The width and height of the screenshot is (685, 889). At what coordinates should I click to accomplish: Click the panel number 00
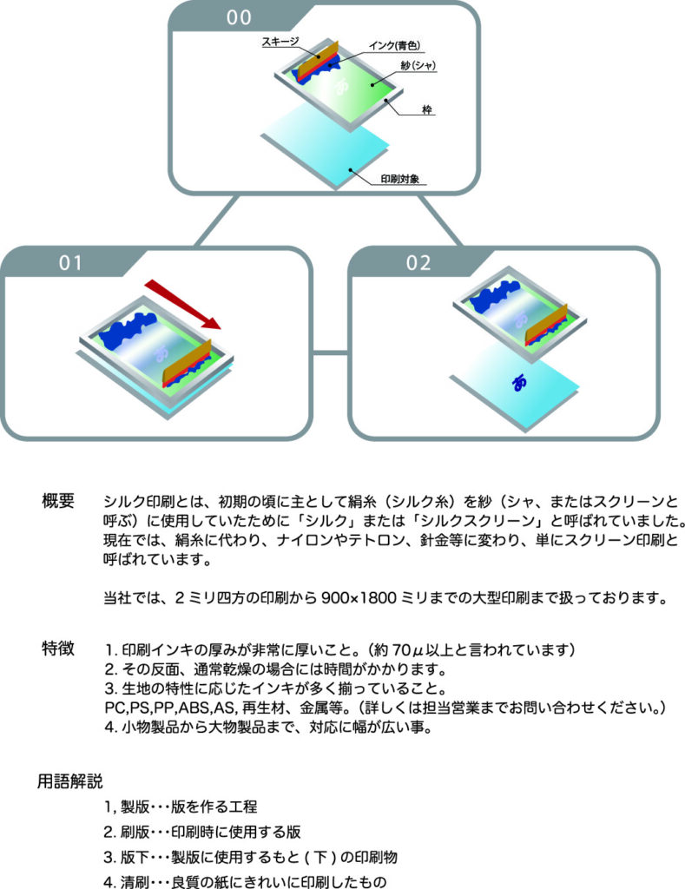pos(240,19)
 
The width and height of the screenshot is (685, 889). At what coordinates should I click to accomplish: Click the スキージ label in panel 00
pos(277,42)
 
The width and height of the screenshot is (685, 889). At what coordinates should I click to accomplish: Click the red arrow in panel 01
pos(182,305)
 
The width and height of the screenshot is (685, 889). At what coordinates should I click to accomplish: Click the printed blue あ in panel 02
pos(520,381)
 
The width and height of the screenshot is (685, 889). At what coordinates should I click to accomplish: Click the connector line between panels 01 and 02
pos(330,352)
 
